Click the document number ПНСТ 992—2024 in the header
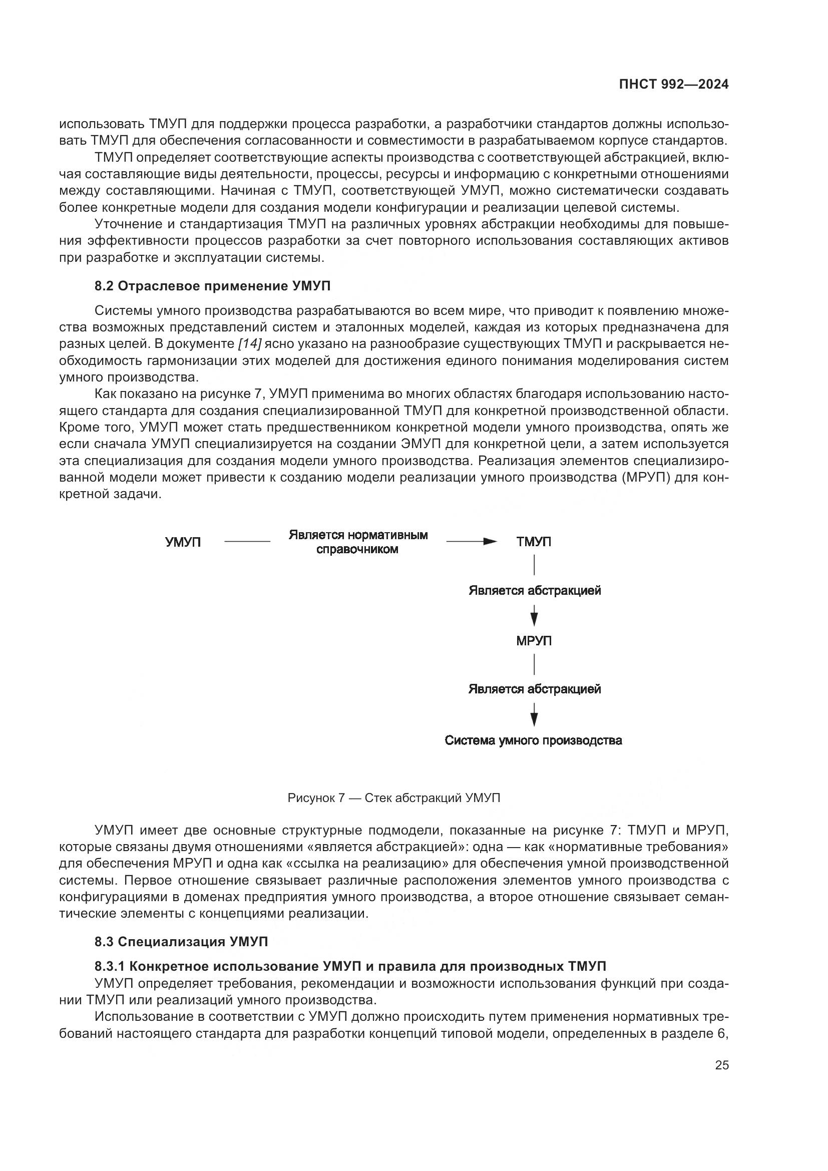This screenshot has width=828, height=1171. click(x=673, y=85)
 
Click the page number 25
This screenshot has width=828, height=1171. click(x=721, y=1065)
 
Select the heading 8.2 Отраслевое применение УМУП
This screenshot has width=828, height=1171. click(x=212, y=286)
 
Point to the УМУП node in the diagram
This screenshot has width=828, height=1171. click(x=183, y=542)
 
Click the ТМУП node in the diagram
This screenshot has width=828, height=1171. click(x=533, y=542)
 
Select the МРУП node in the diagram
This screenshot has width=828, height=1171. click(x=533, y=641)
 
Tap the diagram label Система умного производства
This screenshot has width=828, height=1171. click(x=533, y=740)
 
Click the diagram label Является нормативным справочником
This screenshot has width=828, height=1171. click(x=358, y=542)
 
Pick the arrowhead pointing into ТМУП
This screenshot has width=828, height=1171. click(x=491, y=542)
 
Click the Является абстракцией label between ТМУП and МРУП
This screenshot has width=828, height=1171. click(x=534, y=591)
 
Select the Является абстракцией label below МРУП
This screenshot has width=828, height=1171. click(x=534, y=689)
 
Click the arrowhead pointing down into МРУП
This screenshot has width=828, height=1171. click(x=534, y=619)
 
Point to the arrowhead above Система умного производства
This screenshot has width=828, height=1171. click(x=534, y=718)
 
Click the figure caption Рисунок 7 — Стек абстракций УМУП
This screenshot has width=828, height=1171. click(x=393, y=798)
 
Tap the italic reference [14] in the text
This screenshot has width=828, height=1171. click(x=249, y=344)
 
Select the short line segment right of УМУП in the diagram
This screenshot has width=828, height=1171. click(x=247, y=542)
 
